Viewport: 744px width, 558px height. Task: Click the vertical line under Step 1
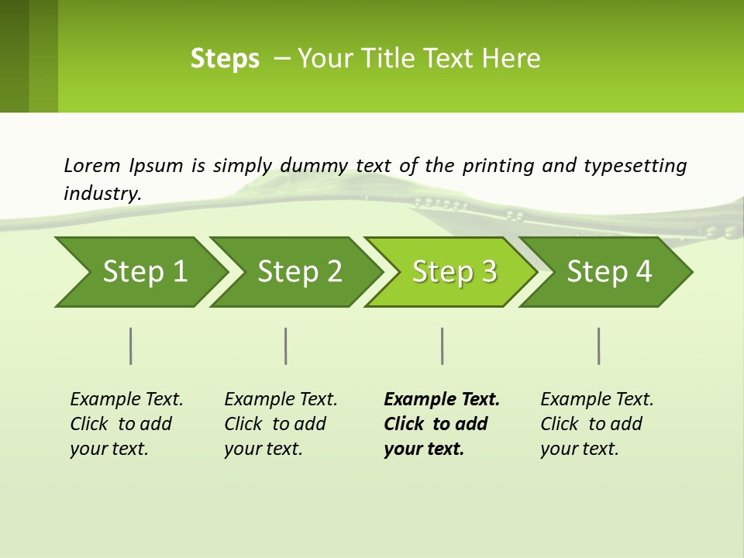pos(131,346)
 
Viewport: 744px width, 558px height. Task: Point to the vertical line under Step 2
pos(286,346)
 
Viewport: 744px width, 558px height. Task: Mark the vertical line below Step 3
pos(443,346)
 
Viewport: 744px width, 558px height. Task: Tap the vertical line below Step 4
pos(599,346)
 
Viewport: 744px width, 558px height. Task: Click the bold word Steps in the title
pos(225,59)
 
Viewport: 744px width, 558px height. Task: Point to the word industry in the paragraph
pos(102,193)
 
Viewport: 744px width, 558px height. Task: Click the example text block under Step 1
pos(126,424)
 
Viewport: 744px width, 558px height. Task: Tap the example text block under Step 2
pos(280,424)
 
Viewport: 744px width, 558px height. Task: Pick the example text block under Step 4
pos(596,424)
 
